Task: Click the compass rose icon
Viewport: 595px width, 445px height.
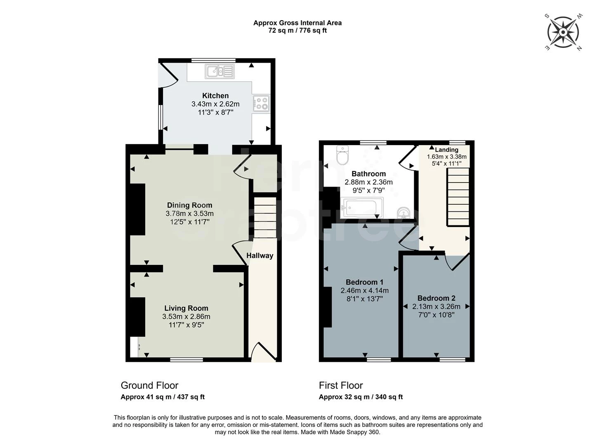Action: pos(563,32)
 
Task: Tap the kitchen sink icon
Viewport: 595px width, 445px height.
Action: pos(220,71)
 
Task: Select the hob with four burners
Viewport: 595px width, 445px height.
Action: pos(261,103)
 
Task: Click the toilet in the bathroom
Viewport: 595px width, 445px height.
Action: pos(342,155)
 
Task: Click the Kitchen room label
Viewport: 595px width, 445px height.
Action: pos(215,96)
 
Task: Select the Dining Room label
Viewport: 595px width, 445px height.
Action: pos(189,205)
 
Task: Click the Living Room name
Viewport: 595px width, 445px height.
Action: pos(186,308)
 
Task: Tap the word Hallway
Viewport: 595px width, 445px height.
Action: pos(260,255)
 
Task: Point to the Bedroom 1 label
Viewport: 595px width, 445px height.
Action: pos(364,282)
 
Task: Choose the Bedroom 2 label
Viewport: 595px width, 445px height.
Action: pos(436,298)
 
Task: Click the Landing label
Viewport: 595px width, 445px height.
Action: pos(446,150)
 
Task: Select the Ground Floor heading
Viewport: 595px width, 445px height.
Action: pos(149,386)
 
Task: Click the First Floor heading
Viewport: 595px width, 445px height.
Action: pos(341,386)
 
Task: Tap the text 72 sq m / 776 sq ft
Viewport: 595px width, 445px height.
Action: pos(297,30)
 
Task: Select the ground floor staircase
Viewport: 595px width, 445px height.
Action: pos(264,217)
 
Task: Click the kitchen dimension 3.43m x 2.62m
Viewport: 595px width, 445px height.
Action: pos(215,104)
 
